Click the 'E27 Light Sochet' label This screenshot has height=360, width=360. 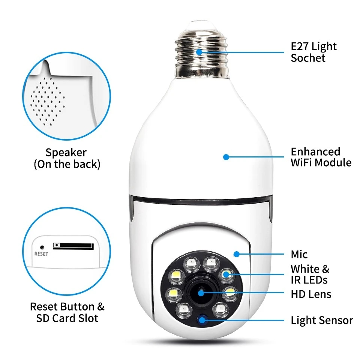pos(313,52)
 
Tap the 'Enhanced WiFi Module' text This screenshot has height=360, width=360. pos(321,157)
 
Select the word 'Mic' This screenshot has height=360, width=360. pos(299,255)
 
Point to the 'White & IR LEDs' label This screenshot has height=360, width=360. pos(310,274)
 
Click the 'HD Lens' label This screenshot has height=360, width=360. pos(311,294)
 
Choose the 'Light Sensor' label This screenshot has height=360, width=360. pos(322,320)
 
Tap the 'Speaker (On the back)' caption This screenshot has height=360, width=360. pos(67,158)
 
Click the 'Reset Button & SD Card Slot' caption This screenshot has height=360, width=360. pos(67,312)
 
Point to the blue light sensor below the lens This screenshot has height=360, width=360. pos(204,319)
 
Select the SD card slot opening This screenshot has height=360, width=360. pos(73,246)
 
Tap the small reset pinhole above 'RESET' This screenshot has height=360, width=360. pos(42,247)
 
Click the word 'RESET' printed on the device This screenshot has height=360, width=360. pos(41,254)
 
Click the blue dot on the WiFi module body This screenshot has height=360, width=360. pos(226,157)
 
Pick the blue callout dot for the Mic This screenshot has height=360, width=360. pos(236,254)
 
